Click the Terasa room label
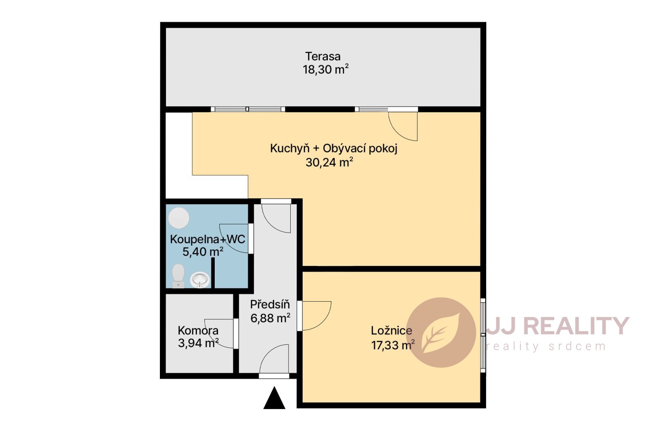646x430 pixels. point(323,56)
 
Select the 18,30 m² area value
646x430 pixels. point(325,69)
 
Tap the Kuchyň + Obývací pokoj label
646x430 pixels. point(333,149)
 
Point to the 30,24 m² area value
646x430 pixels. point(329,162)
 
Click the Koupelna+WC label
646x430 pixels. point(208,239)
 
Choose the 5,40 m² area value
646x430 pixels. point(203,252)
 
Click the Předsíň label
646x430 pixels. point(270,304)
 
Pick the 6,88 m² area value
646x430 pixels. point(270,318)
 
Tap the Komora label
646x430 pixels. point(198,330)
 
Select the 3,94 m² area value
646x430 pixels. point(198,343)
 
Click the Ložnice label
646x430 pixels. point(391,331)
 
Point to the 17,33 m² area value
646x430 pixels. point(393,345)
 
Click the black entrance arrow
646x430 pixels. point(274,398)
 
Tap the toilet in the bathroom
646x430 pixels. point(178,276)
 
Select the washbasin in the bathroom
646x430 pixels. point(200,280)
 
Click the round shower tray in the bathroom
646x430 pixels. point(179,218)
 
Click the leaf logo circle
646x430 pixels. point(441,333)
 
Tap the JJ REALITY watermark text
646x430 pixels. point(558,326)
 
